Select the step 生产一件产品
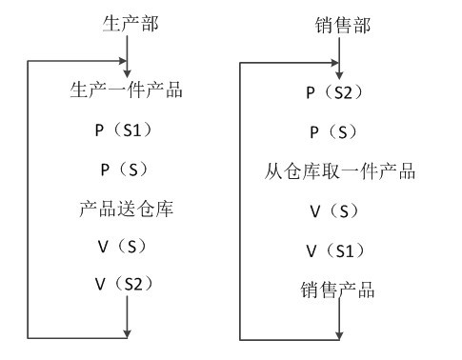(x=127, y=91)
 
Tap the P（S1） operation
(x=127, y=130)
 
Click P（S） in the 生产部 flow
(x=127, y=169)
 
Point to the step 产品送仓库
(x=127, y=207)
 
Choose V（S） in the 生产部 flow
(x=127, y=245)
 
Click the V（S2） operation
(x=127, y=283)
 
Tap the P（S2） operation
(x=340, y=92)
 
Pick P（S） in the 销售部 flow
(x=340, y=131)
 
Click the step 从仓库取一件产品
(x=340, y=172)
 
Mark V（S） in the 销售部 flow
(x=340, y=211)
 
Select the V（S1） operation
(x=340, y=250)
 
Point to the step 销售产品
(x=340, y=290)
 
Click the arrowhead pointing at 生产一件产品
(x=127, y=72)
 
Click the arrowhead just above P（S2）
(x=340, y=73)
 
